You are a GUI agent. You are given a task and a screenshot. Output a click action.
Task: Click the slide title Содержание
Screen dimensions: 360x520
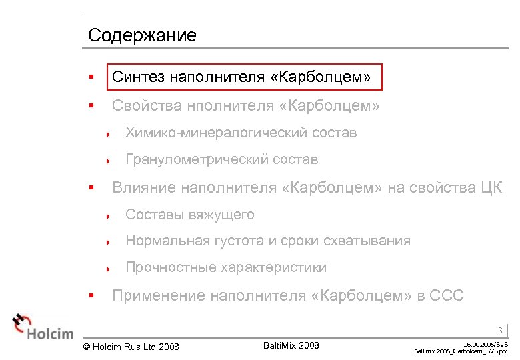coord(142,35)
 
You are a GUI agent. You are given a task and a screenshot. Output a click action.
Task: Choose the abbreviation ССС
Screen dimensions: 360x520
coord(443,295)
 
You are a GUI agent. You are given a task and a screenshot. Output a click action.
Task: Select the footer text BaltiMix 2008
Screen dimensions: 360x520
coord(291,345)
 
